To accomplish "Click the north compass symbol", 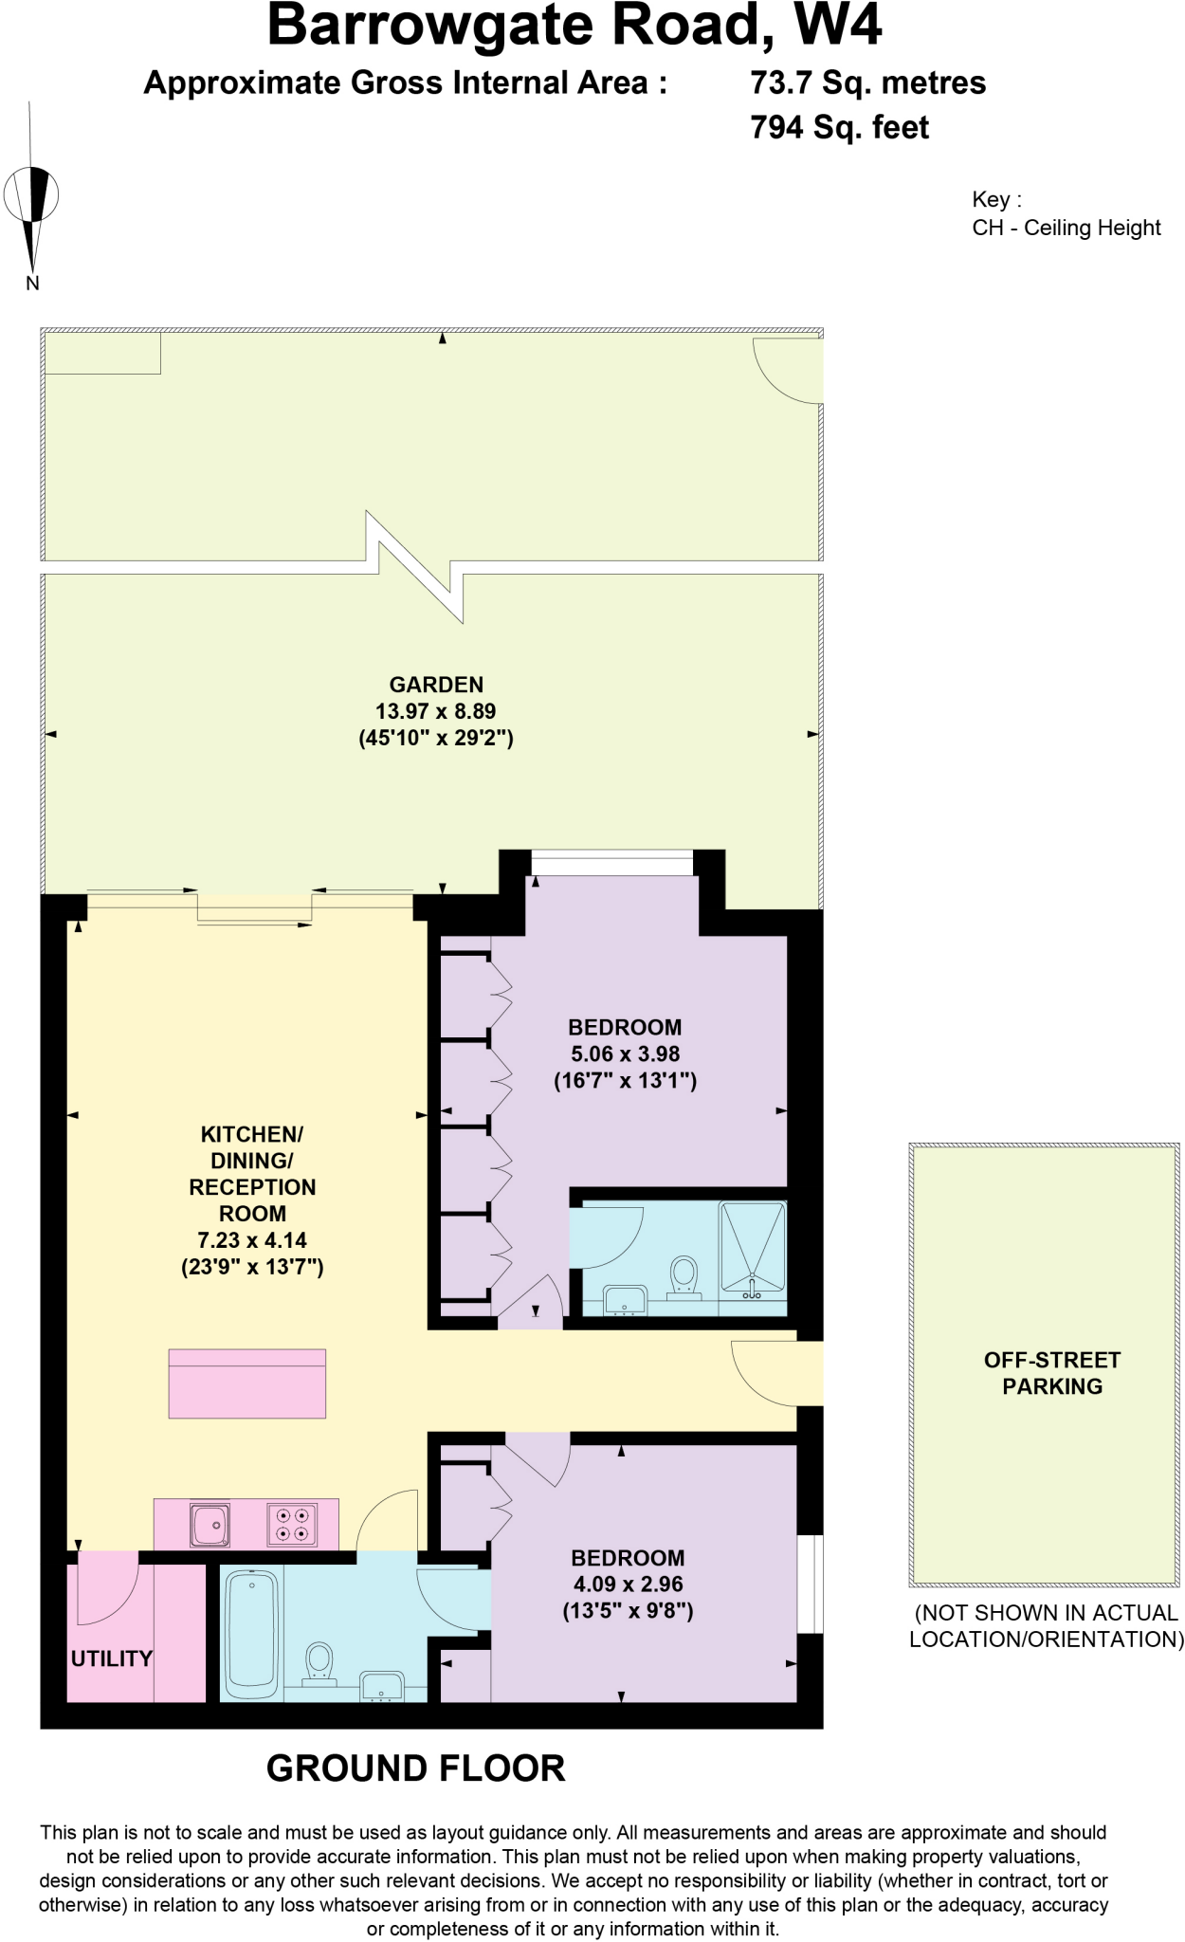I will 33,197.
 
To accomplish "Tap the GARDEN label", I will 436,685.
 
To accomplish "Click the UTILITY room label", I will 111,1658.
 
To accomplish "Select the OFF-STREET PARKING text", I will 1052,1372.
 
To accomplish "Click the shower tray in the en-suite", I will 753,1247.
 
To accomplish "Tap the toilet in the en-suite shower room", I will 684,1275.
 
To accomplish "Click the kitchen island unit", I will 246,1383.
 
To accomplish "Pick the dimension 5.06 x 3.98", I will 625,1053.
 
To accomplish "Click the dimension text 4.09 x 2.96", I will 628,1584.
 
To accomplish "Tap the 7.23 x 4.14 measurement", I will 252,1239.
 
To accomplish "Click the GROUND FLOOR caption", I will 415,1768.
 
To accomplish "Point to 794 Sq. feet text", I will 839,127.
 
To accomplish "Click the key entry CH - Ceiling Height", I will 1066,228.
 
